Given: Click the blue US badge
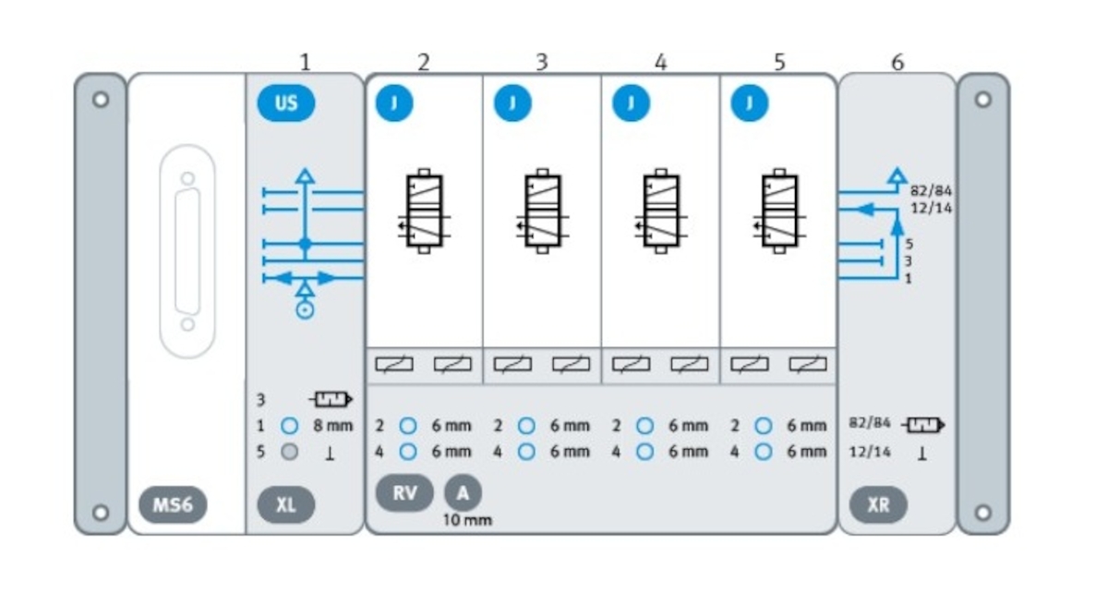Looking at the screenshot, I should [286, 103].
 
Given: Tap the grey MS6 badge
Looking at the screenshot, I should [174, 505].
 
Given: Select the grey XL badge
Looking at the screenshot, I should [286, 505].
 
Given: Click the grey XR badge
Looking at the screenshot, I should [878, 505].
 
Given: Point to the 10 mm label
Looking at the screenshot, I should [467, 521].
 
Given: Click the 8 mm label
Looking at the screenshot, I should [334, 427].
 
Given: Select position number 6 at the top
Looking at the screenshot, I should [897, 62].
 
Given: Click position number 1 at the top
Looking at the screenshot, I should [306, 62].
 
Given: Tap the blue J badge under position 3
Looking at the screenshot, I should [512, 103].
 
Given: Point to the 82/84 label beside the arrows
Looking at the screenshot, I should [931, 193].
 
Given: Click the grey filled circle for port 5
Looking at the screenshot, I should [289, 453].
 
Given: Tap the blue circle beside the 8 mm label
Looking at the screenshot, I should [289, 427].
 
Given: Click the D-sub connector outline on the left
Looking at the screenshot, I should [188, 250].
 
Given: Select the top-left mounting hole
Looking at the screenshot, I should [101, 99].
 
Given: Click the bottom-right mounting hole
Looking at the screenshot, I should [983, 511].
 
